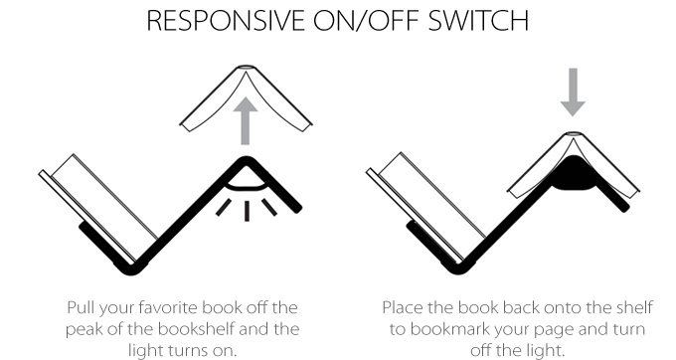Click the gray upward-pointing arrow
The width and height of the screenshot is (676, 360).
(x=246, y=120)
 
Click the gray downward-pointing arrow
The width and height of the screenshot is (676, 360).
(x=573, y=91)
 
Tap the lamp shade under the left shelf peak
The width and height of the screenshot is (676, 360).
(x=247, y=182)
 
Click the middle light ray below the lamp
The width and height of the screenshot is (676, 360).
(x=247, y=211)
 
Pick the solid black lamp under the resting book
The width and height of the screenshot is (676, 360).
(x=574, y=175)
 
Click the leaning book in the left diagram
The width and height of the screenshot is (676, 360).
(x=98, y=208)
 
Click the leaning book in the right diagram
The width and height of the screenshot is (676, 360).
(x=425, y=207)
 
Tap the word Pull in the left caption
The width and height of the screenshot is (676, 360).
(x=81, y=308)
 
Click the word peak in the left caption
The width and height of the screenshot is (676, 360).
(x=84, y=330)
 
